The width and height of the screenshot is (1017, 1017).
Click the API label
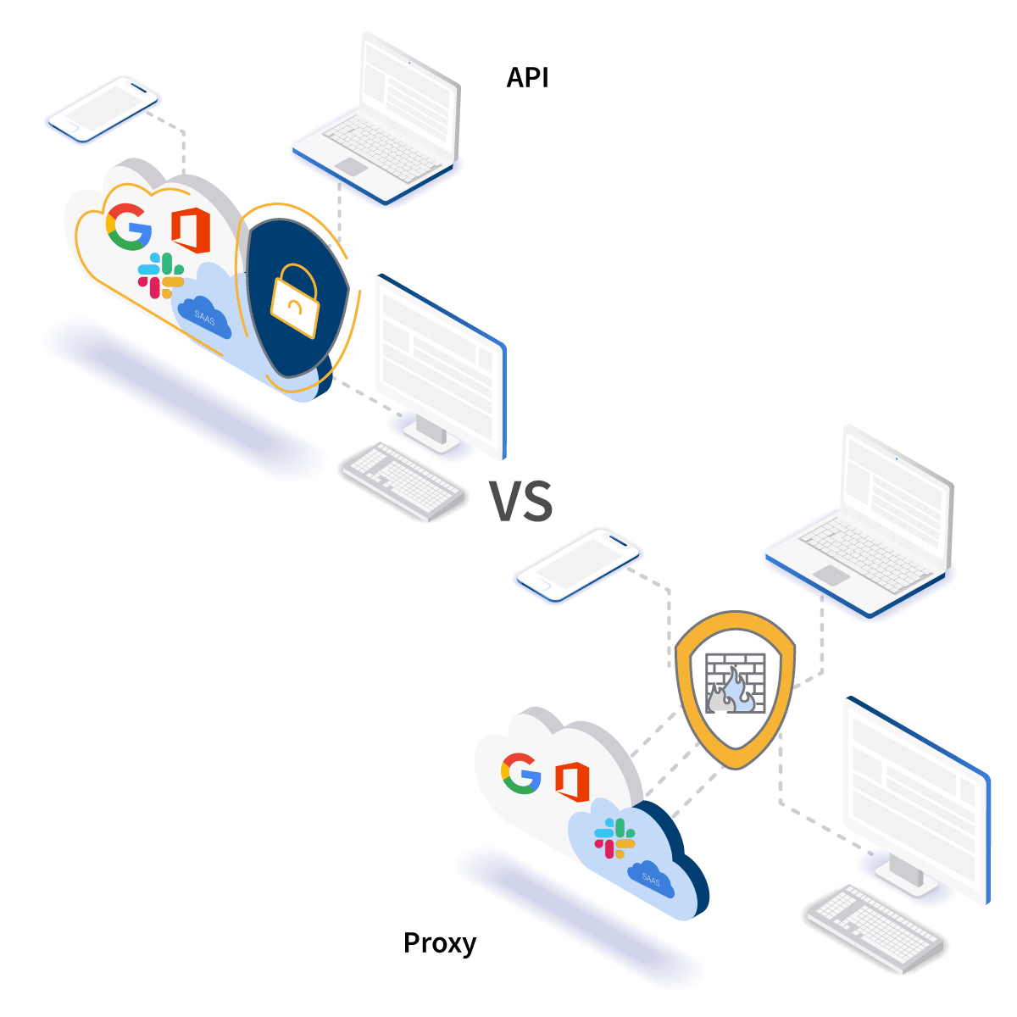click(x=527, y=77)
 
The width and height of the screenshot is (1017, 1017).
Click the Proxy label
click(x=439, y=942)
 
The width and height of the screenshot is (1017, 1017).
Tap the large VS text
click(x=521, y=501)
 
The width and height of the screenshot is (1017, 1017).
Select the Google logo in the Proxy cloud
click(x=521, y=773)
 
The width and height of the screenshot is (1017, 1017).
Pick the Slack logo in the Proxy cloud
click(x=614, y=838)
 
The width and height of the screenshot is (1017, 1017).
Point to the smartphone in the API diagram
click(x=103, y=108)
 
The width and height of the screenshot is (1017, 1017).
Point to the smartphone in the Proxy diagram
click(x=578, y=564)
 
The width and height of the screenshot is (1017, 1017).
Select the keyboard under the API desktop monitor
click(x=403, y=480)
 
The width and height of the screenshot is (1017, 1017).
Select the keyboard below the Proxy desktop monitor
click(x=874, y=929)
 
